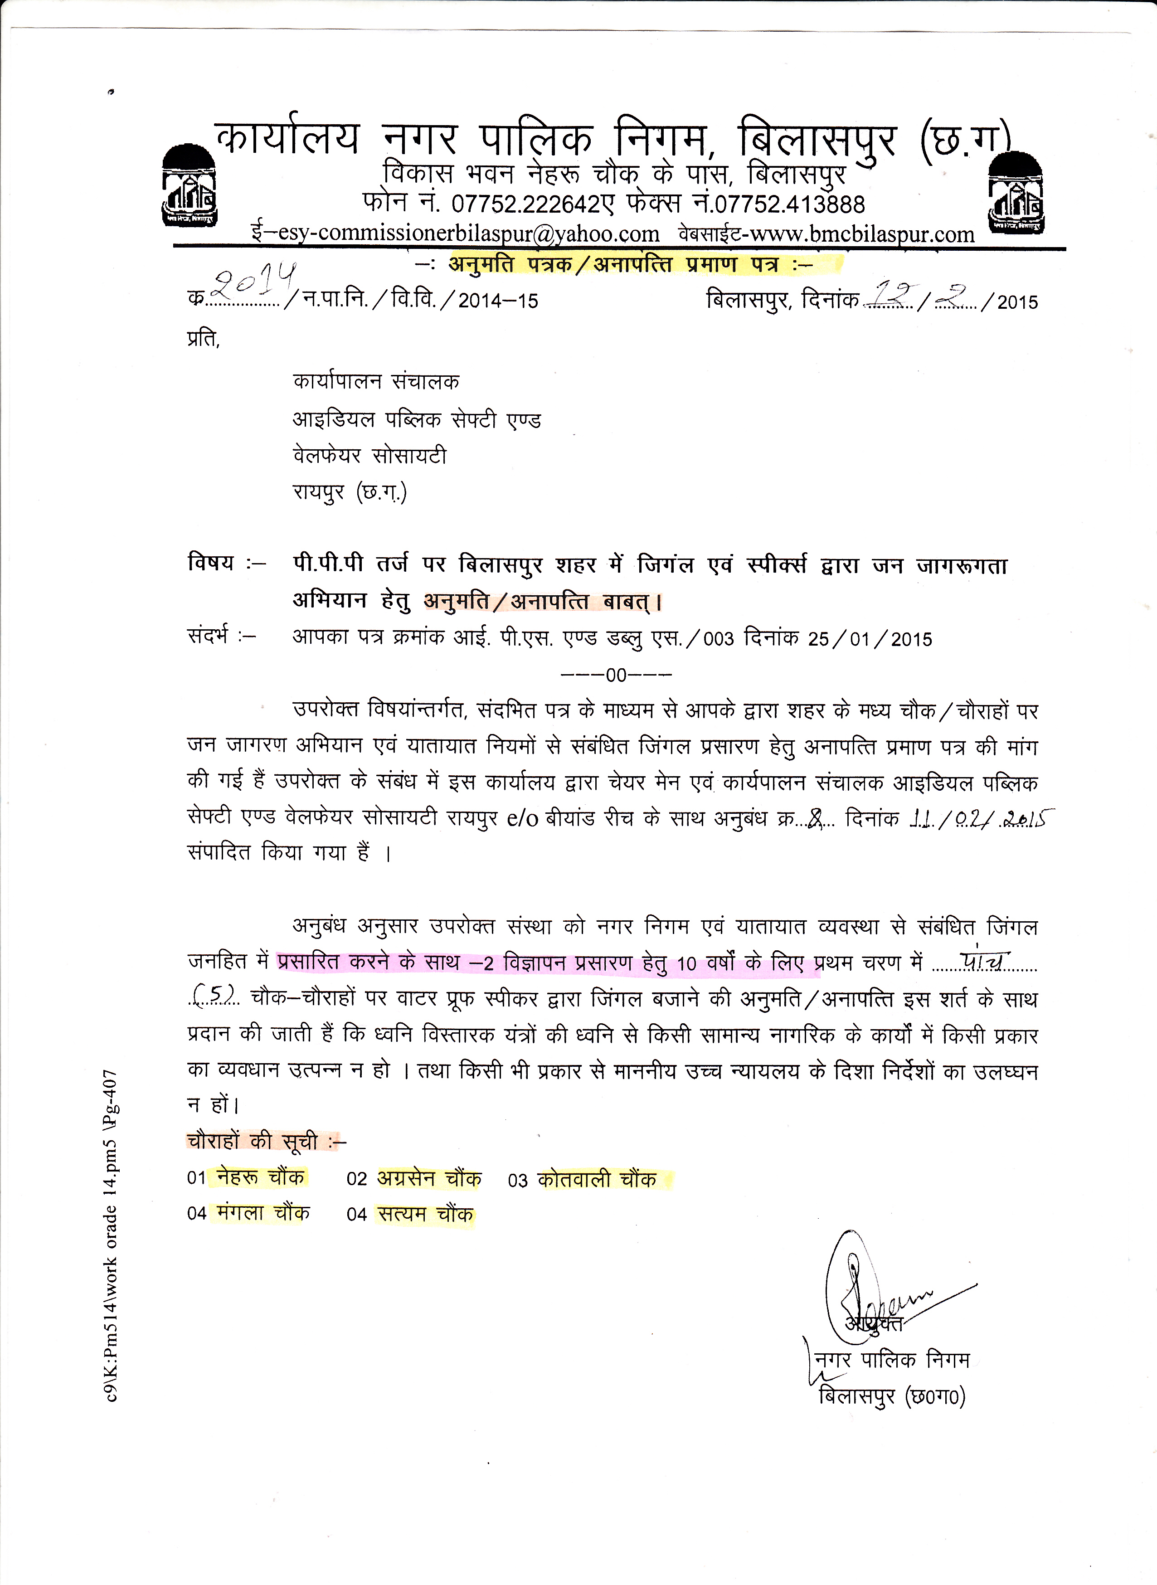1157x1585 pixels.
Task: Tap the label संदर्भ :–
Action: (x=221, y=637)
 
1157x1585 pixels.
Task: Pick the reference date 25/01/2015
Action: (x=870, y=639)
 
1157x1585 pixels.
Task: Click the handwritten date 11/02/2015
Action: (x=981, y=819)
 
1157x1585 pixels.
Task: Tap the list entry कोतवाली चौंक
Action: (x=597, y=1180)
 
